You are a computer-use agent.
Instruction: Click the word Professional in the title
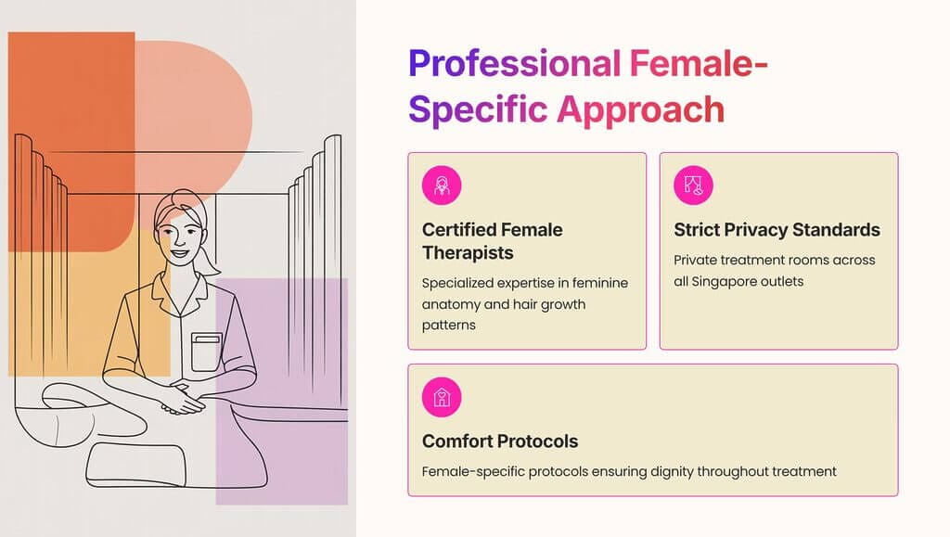pos(513,65)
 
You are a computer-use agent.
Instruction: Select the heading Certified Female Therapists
pos(492,240)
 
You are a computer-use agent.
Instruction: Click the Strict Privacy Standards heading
pos(777,229)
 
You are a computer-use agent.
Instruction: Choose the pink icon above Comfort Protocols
pos(442,398)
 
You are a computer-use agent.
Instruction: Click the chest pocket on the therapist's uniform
pos(206,353)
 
